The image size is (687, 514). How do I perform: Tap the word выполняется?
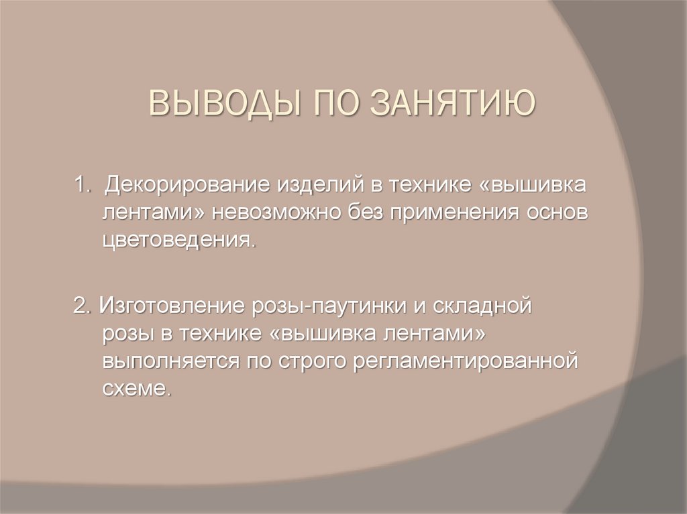point(168,362)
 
